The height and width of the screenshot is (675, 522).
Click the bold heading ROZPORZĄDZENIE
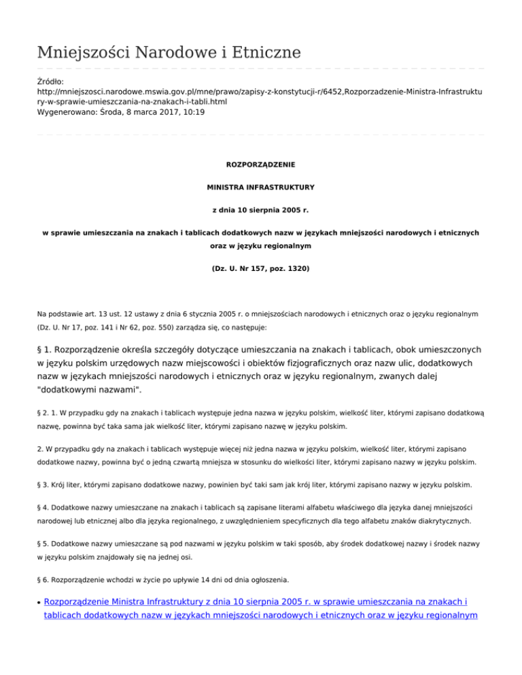click(x=260, y=164)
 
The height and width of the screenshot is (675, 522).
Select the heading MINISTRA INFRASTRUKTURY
click(x=260, y=185)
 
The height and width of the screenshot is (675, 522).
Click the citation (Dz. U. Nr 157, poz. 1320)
click(x=260, y=270)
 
